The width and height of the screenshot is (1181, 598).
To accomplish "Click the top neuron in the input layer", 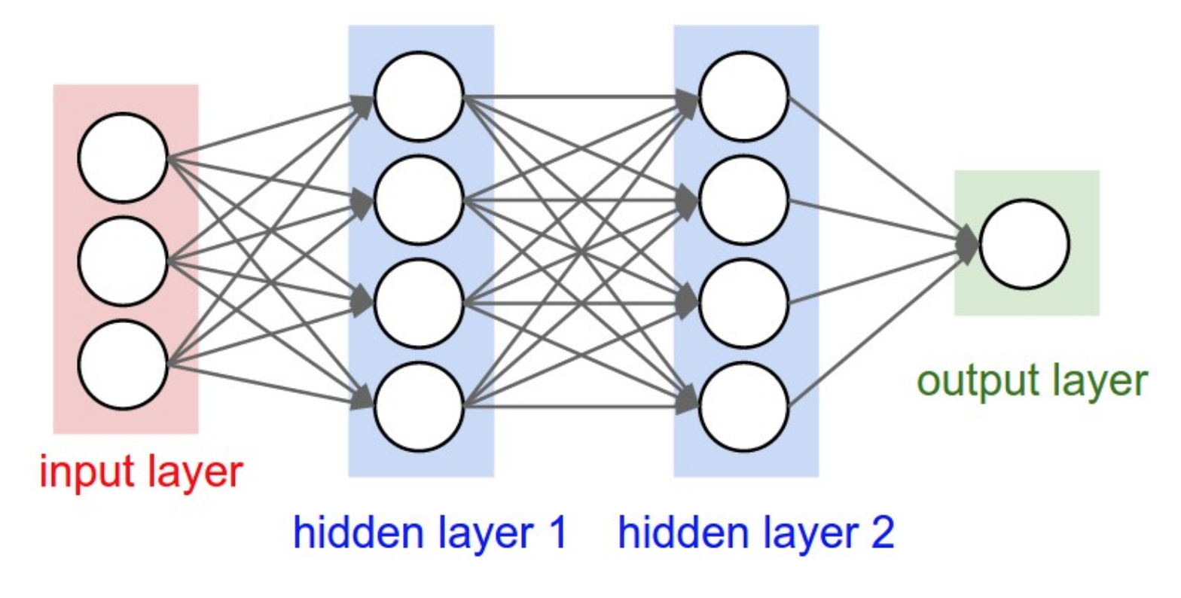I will point(122,157).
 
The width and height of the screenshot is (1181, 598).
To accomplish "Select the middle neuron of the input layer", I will point(122,261).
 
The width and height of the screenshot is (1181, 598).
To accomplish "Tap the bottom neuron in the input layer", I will point(122,365).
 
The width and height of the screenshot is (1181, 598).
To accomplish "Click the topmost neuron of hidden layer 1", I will point(419,96).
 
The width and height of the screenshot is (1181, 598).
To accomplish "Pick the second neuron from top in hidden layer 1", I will point(419,200).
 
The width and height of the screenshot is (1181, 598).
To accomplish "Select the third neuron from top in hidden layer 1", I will point(419,304).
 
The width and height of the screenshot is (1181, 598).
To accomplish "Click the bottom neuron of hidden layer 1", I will point(419,407).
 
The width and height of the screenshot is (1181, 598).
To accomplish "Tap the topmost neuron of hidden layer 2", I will point(744,96).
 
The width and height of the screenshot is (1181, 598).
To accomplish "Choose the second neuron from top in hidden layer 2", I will point(744,200).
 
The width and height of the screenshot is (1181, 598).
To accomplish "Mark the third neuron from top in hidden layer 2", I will point(744,304).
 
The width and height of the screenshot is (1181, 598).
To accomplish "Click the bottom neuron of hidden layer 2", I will point(744,407).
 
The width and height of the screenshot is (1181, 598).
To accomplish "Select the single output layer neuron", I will point(1024,244).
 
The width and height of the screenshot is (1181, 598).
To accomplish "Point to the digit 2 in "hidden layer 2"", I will point(882,532).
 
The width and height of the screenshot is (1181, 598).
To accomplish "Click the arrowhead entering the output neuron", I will point(968,244).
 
